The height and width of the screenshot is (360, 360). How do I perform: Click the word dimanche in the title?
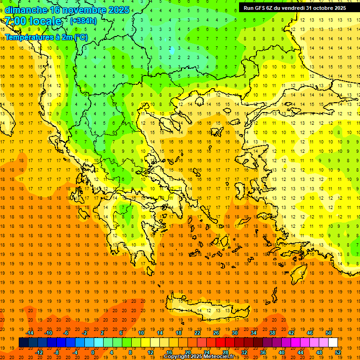tap(26, 10)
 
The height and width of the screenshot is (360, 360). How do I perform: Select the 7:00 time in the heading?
tap(15, 21)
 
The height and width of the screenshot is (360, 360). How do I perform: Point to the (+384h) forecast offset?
tap(83, 21)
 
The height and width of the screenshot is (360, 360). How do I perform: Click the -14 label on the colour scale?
tap(29, 333)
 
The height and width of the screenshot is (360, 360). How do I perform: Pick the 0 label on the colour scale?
tap(93, 352)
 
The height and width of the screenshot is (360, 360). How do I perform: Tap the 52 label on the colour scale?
tap(338, 352)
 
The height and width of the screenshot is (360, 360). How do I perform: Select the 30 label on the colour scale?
tap(234, 333)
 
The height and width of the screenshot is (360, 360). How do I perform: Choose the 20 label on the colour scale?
tap(187, 352)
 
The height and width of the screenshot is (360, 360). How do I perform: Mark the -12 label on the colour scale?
tap(39, 352)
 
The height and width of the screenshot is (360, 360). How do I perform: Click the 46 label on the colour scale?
tap(310, 333)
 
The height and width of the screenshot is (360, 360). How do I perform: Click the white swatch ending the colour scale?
tap(333, 342)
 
